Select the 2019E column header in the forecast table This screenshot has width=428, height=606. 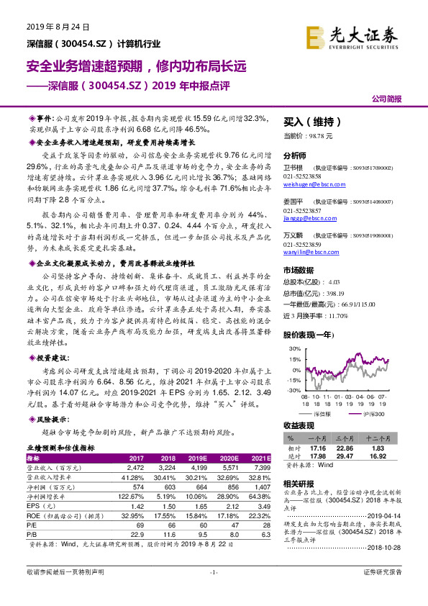tap(197, 458)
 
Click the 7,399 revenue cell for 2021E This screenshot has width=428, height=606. tap(262, 467)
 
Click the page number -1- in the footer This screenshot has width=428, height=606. tap(213, 592)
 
